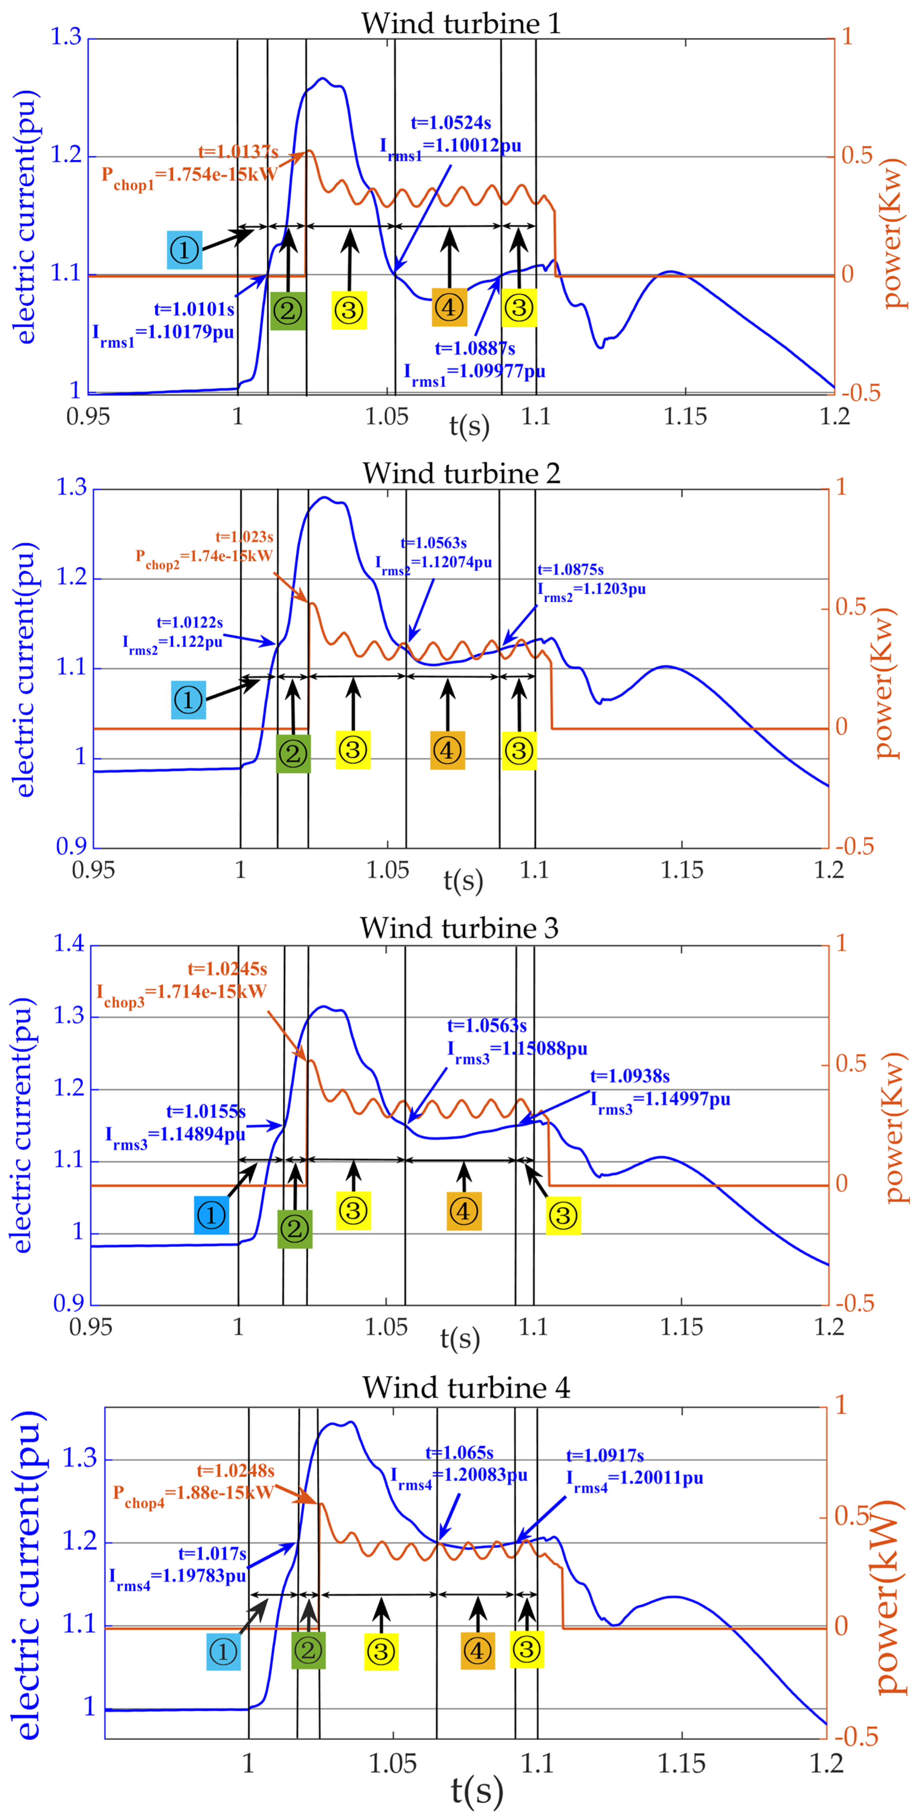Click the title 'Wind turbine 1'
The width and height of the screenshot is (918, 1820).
click(x=461, y=23)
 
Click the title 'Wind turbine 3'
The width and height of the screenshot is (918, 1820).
click(x=460, y=928)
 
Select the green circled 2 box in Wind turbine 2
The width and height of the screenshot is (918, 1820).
click(x=293, y=753)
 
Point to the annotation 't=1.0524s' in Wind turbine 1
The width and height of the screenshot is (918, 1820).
click(x=451, y=123)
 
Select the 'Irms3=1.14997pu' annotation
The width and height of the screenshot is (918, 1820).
click(x=660, y=1100)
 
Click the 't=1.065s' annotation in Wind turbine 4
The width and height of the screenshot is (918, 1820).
click(x=460, y=1453)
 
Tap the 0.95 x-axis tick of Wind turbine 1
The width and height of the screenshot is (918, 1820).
click(x=88, y=416)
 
